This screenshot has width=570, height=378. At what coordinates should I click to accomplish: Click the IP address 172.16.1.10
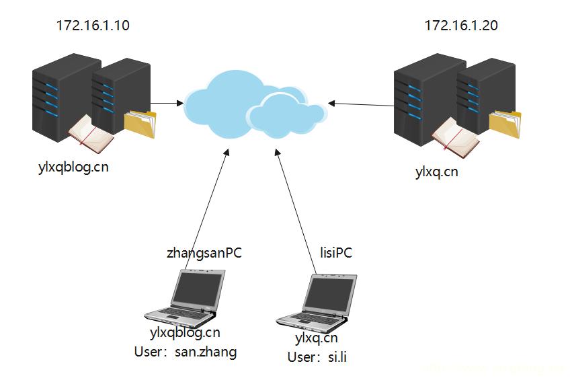pos(93,26)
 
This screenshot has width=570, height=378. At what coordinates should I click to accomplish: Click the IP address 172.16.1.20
pos(461,26)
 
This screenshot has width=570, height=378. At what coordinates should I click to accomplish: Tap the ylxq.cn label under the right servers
pos(437,172)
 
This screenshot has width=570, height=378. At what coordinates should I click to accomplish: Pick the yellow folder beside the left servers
pos(140,124)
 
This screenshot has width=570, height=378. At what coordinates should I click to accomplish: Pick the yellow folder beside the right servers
pos(505,125)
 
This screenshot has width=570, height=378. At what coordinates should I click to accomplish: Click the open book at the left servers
pos(90,130)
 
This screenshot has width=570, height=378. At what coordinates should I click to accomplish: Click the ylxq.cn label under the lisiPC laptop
pos(316,338)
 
